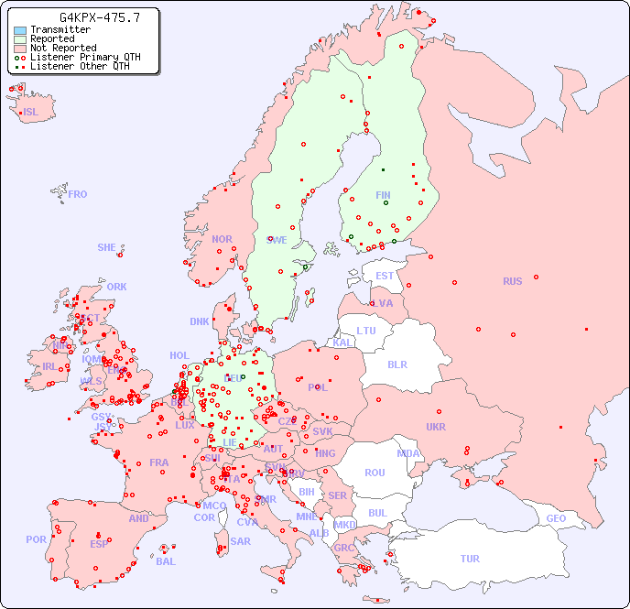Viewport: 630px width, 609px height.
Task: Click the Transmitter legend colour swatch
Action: (20, 30)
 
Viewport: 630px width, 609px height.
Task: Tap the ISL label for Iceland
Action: (31, 113)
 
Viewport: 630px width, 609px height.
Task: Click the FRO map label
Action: (78, 194)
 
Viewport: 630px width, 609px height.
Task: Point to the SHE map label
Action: (107, 247)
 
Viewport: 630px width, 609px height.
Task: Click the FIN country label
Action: (383, 195)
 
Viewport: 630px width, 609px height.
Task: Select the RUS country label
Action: (512, 281)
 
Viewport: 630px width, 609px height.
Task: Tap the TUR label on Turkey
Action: (470, 559)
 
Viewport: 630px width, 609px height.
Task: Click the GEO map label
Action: (556, 518)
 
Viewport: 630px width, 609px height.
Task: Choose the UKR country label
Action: (436, 427)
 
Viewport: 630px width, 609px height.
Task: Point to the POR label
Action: (36, 539)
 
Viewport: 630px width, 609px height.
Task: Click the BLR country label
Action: (396, 364)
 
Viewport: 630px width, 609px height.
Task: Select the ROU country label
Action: (375, 473)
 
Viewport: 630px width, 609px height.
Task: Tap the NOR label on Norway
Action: (222, 239)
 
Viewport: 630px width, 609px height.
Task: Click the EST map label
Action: (385, 276)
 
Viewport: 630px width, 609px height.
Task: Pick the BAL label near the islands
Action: (166, 561)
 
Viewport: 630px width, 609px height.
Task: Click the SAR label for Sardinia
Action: (241, 541)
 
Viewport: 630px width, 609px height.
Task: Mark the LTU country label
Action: (366, 331)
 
